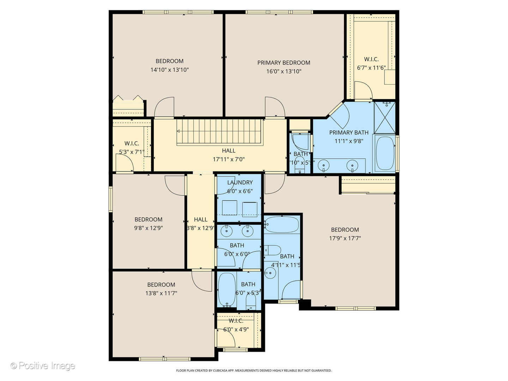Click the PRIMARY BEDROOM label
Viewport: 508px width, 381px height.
click(284, 63)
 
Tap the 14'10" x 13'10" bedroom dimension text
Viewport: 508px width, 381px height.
click(169, 70)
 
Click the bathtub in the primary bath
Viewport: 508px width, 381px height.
click(385, 154)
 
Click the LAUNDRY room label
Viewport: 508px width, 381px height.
click(240, 182)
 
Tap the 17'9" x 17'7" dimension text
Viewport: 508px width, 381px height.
click(345, 238)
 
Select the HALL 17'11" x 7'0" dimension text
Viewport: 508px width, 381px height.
click(229, 159)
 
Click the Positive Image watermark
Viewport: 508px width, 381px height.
click(43, 366)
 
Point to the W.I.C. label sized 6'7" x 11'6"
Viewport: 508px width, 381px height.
click(371, 59)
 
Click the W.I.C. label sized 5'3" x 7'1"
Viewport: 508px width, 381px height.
click(132, 144)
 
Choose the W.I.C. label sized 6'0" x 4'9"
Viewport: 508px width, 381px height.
click(236, 321)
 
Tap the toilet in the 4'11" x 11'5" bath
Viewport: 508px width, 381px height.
click(272, 250)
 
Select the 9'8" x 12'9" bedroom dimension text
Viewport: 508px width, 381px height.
click(148, 228)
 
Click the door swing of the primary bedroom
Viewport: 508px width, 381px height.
click(274, 107)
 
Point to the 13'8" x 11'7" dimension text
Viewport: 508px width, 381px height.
click(161, 293)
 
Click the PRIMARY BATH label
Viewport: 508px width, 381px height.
click(349, 133)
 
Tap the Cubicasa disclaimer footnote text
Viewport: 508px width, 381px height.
click(254, 371)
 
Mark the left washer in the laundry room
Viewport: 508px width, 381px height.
click(229, 208)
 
